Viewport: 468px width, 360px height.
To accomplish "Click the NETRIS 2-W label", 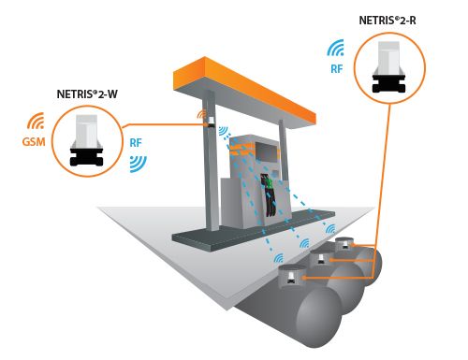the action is coord(87,94).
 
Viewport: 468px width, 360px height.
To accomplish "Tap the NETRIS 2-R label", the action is coord(388,21).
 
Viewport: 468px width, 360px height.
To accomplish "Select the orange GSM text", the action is coord(34,142).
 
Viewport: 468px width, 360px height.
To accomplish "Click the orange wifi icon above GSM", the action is coord(36,121).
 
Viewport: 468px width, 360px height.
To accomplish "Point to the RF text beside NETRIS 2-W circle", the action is coord(136,143).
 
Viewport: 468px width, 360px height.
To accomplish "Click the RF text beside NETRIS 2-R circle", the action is coord(337,69).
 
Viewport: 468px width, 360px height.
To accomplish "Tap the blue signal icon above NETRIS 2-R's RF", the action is coord(336,48).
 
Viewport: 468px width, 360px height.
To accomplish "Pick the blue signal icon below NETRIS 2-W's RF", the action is coord(139,164).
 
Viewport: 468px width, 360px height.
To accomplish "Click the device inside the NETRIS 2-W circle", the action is coord(86,140).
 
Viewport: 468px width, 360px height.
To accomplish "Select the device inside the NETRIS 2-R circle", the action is coord(389,67).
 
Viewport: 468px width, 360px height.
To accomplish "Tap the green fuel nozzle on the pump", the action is coord(269,183).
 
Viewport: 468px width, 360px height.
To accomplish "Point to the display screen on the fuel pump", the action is coord(267,151).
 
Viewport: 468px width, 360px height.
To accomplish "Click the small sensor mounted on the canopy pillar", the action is coord(211,122).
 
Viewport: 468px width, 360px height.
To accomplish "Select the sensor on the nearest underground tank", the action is coord(291,277).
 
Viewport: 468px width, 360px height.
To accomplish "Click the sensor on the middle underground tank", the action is coord(321,260).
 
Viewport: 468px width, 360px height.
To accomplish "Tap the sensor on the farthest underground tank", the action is coord(344,245).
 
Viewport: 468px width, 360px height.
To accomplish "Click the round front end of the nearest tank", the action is coord(319,317).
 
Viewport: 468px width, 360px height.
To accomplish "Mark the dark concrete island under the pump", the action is coord(254,230).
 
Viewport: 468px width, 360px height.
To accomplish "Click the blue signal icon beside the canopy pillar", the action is coord(224,131).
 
